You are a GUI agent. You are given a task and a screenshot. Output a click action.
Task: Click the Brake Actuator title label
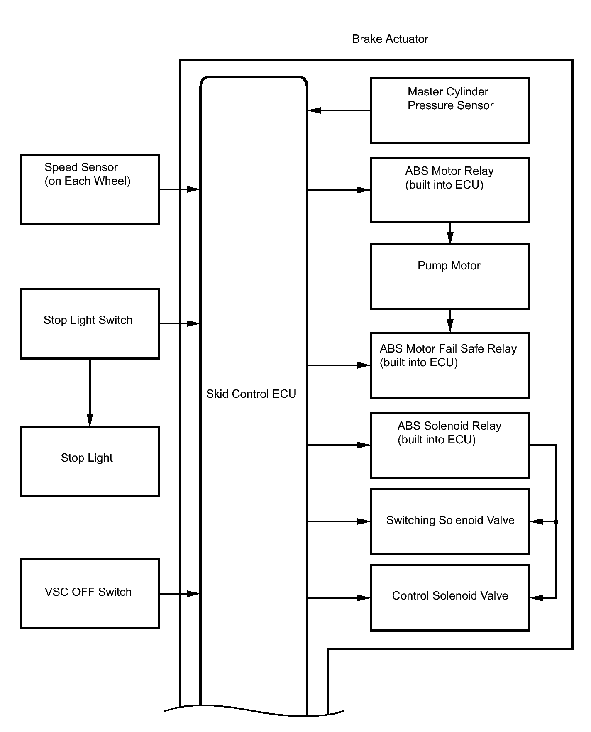pyautogui.click(x=390, y=39)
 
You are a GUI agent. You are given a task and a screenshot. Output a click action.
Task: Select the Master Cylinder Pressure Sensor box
pyautogui.click(x=450, y=110)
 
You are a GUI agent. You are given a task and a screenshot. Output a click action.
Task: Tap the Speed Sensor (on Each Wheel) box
pyautogui.click(x=90, y=189)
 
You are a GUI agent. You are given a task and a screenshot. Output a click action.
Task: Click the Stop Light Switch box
pyautogui.click(x=90, y=323)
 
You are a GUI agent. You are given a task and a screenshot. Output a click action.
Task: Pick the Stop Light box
pyautogui.click(x=90, y=461)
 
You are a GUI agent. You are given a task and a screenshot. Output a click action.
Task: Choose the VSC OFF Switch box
pyautogui.click(x=90, y=594)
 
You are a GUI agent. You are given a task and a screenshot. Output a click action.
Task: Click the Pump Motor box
pyautogui.click(x=450, y=276)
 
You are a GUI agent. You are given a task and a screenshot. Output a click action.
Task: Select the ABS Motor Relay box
pyautogui.click(x=450, y=190)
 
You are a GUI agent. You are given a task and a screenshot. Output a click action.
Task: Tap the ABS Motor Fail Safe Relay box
pyautogui.click(x=450, y=365)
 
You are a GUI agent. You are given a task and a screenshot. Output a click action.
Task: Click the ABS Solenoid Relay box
pyautogui.click(x=450, y=445)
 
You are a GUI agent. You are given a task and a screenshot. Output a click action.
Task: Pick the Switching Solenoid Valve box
pyautogui.click(x=450, y=521)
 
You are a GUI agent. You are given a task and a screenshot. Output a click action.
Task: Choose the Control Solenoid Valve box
pyautogui.click(x=450, y=598)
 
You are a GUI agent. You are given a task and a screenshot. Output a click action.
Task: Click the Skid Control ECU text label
pyautogui.click(x=251, y=394)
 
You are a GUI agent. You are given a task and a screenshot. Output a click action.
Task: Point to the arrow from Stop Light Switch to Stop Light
pyautogui.click(x=90, y=392)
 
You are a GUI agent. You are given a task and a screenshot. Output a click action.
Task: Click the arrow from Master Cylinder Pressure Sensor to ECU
pyautogui.click(x=339, y=110)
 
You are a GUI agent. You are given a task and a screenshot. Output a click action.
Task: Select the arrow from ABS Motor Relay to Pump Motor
pyautogui.click(x=450, y=233)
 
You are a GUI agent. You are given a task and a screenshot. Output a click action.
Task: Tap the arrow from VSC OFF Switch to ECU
pyautogui.click(x=180, y=594)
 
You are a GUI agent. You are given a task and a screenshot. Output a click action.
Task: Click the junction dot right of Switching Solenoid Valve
pyautogui.click(x=556, y=521)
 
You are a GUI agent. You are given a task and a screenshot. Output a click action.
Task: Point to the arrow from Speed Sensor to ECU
pyautogui.click(x=180, y=189)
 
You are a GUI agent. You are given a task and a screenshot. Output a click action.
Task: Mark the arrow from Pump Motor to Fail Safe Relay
pyautogui.click(x=450, y=321)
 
